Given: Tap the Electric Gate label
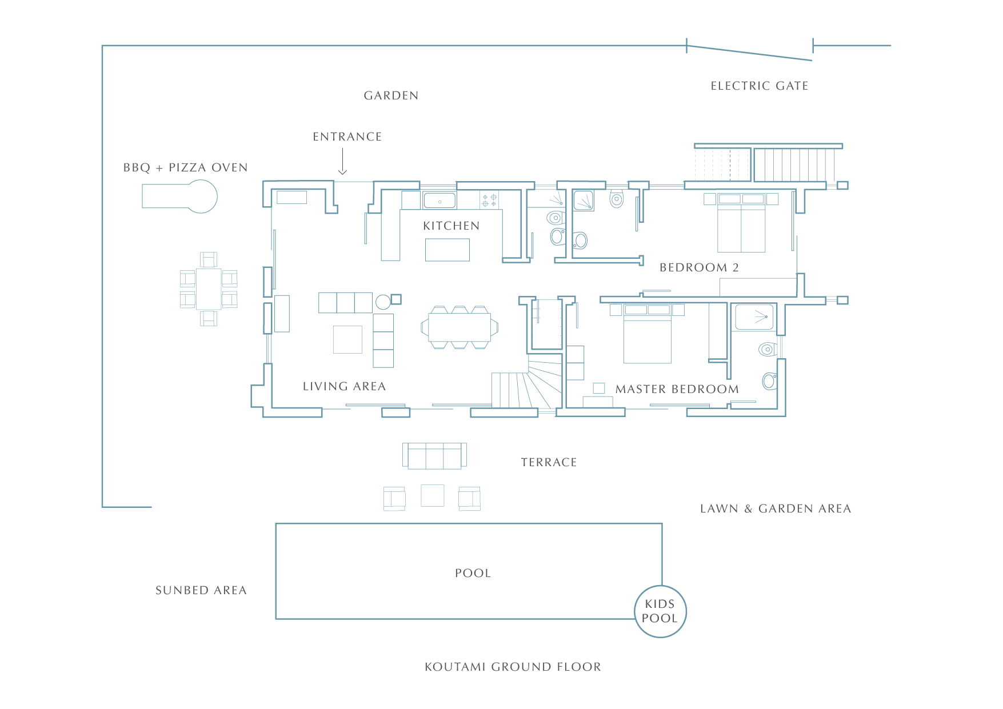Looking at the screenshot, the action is [x=760, y=86].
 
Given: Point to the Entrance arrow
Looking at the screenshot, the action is [x=343, y=162].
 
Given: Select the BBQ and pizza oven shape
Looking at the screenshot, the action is [x=179, y=196].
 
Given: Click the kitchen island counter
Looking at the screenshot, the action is [x=447, y=250].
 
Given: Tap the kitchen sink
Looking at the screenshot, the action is [x=439, y=201].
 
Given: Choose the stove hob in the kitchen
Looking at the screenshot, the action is [x=489, y=200].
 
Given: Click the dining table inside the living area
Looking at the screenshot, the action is [x=459, y=327].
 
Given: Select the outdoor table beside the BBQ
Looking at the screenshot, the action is [x=209, y=289].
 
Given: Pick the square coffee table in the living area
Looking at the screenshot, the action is [x=347, y=339].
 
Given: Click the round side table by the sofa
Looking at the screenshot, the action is [x=383, y=302].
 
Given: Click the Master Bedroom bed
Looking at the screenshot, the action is [x=648, y=334].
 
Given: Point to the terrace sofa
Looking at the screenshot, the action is [x=434, y=456].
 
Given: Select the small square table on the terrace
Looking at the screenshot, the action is [x=433, y=495].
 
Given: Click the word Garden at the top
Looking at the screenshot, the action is [x=391, y=95].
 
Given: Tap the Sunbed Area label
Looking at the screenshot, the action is [x=201, y=590].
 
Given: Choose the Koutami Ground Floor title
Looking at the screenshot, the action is [x=513, y=667].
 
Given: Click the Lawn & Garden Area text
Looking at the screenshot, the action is [x=776, y=508].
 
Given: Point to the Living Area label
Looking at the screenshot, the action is [x=345, y=386].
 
